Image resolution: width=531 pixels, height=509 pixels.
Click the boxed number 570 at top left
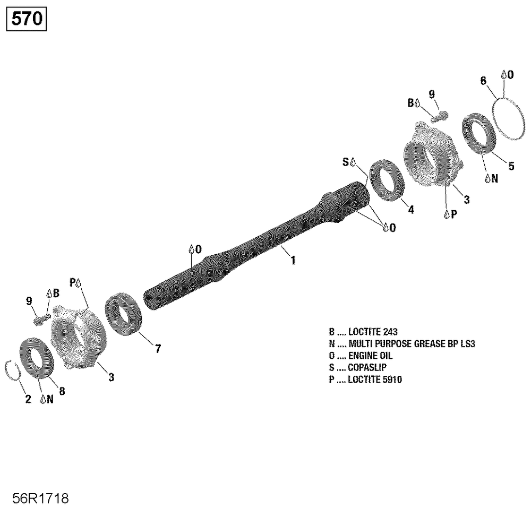(27, 19)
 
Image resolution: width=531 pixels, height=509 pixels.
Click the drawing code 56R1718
(41, 498)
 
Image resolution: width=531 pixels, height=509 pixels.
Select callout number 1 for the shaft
(293, 260)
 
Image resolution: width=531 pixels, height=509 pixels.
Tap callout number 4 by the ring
(411, 210)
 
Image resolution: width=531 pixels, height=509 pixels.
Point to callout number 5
(511, 166)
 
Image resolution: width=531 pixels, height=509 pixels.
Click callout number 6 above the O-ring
(483, 81)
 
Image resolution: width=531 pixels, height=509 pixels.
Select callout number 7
(158, 349)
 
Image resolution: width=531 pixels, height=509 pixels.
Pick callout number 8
(62, 391)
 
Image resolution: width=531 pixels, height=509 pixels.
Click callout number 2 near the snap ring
(28, 399)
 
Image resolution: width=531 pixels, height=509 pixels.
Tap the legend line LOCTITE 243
(363, 332)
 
